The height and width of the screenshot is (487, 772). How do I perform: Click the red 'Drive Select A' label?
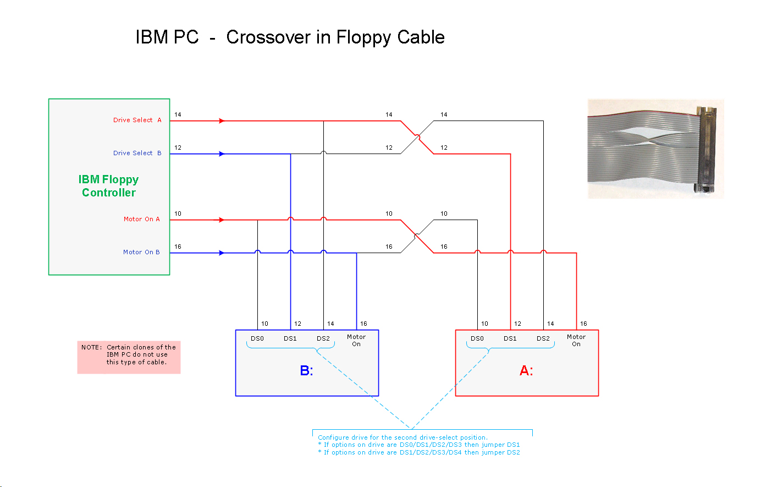(137, 120)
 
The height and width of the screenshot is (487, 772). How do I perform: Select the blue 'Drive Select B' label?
(137, 153)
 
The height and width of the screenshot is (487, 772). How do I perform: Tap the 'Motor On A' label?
(141, 219)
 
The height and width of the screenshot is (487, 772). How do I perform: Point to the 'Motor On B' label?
(141, 252)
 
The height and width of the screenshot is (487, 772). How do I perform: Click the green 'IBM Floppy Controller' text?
(108, 186)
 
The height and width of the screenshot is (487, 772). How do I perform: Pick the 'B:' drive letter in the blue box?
(306, 371)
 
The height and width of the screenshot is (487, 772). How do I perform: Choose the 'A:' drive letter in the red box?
(526, 371)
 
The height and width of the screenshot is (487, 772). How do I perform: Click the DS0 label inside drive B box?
(257, 338)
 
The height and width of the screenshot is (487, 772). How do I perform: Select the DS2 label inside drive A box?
(543, 338)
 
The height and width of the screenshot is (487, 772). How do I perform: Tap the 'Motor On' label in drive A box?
(576, 340)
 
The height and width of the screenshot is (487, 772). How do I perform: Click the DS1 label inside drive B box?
(290, 338)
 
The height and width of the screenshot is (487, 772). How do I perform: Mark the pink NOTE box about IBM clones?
(129, 357)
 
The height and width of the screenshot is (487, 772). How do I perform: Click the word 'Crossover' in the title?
(268, 37)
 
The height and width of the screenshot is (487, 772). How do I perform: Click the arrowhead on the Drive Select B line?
(222, 154)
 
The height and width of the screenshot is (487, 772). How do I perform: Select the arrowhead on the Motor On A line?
(222, 220)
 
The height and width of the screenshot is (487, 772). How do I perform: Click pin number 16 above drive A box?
(583, 324)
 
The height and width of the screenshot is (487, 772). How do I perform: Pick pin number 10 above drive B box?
(264, 324)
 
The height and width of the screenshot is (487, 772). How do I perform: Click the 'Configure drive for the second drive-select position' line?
(402, 437)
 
